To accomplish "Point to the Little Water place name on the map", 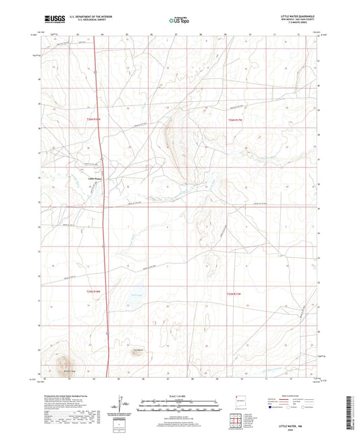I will coord(95,178).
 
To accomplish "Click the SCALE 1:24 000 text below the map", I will coord(180,394).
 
